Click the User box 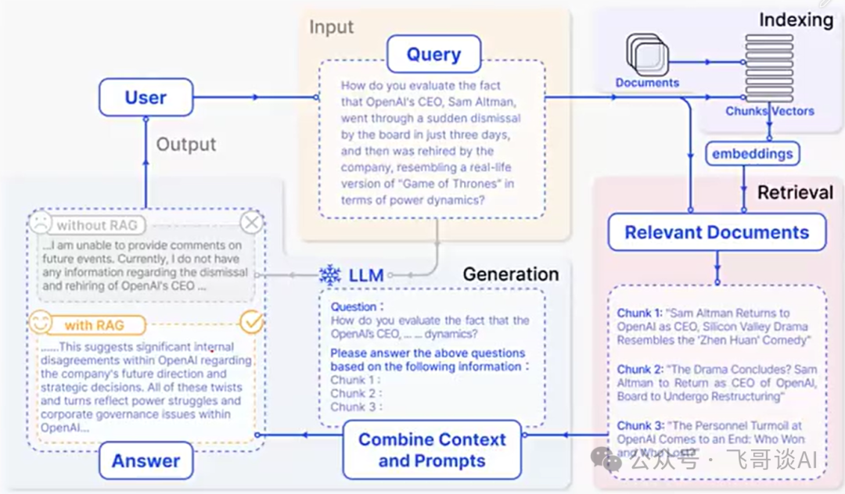tap(146, 98)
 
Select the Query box tap(433, 55)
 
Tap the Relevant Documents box tap(717, 232)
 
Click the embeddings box tap(751, 154)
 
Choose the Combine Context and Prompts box tap(432, 449)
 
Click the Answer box tap(146, 461)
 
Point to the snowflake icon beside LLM tap(330, 275)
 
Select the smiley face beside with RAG tap(40, 323)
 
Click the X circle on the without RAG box tap(251, 224)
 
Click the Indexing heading tap(796, 20)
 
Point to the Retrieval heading tap(795, 192)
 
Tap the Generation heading tap(510, 274)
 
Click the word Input tap(331, 27)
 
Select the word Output tap(186, 145)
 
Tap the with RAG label tap(94, 324)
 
